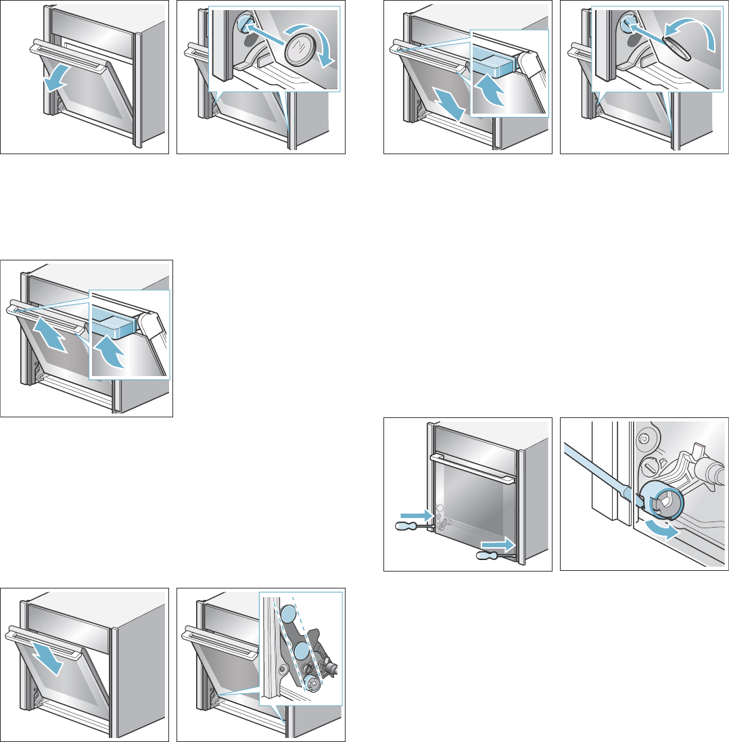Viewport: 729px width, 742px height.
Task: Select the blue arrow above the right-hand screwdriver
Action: coord(499,542)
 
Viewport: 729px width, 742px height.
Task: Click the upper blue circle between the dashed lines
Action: coord(287,614)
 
